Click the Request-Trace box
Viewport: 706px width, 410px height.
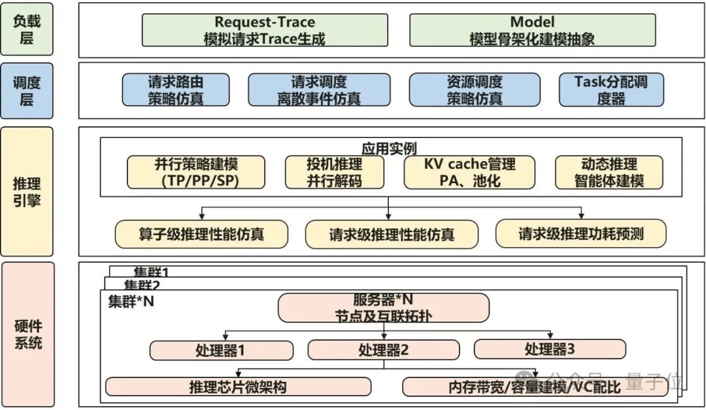coord(265,31)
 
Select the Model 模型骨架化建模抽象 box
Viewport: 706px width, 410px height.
coord(532,31)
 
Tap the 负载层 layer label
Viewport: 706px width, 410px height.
coord(27,29)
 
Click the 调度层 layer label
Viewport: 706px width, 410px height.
coord(27,91)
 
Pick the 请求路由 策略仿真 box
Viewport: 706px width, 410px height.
coord(176,90)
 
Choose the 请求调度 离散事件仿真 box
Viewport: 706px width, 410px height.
coord(319,90)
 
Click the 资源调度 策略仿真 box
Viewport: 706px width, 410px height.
coord(475,90)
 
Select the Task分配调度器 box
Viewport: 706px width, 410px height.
coord(611,90)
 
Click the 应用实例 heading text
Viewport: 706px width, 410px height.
coord(389,148)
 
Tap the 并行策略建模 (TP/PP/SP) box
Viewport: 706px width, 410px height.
coord(196,172)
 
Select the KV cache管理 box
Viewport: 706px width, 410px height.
coord(469,172)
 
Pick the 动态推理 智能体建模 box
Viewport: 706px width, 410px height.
coord(609,172)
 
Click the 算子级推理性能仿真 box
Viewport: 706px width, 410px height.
coord(201,233)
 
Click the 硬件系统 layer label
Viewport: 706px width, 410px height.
coord(27,333)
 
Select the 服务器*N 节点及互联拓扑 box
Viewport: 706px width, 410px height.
coord(384,307)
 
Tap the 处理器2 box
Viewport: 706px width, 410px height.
coord(384,350)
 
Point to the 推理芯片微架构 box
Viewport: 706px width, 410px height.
coord(238,386)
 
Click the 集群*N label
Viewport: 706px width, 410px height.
coord(131,301)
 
